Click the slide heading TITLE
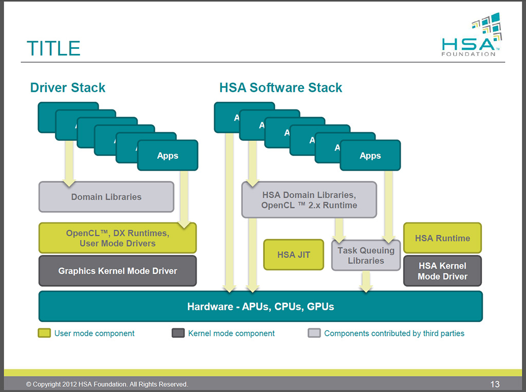[53, 48]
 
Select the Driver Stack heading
[68, 87]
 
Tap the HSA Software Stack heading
[280, 87]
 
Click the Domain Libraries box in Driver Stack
[106, 197]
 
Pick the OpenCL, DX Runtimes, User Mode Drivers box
[118, 238]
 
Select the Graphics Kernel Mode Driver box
[118, 271]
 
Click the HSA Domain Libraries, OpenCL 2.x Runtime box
[309, 200]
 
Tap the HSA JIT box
[293, 254]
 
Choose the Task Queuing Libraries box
[366, 255]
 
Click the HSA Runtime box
[442, 238]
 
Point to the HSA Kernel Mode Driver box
[442, 271]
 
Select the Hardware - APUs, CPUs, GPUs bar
[260, 307]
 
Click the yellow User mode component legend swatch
[44, 333]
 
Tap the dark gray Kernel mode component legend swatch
[178, 333]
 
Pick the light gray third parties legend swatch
[314, 333]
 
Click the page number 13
[495, 384]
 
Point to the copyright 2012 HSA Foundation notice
[107, 384]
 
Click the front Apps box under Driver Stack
[167, 155]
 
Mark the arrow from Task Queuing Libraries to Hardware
[366, 281]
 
